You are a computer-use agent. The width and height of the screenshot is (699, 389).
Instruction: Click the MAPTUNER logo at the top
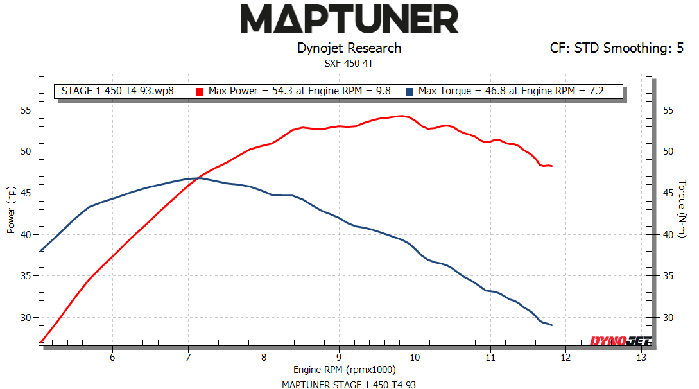349,19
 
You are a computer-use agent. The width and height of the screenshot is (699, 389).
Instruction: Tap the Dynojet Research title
349,48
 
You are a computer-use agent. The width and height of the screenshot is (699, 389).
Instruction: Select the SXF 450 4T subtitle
349,63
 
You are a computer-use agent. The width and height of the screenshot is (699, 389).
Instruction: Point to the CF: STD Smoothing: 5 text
616,48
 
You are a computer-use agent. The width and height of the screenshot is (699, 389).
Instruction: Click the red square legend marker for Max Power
200,91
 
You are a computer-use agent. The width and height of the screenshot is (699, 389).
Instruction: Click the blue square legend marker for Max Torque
410,91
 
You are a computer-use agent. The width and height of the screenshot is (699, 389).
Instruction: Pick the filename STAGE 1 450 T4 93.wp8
117,91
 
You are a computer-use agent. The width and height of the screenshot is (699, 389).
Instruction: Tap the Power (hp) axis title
11,210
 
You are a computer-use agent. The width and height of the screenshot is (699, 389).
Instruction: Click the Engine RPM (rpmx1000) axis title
345,370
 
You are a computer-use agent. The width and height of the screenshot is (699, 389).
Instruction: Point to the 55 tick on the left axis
26,110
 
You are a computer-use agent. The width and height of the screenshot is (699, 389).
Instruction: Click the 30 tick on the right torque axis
669,318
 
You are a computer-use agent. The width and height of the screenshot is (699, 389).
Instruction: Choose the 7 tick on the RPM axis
188,357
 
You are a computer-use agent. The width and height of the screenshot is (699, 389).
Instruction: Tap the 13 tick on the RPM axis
641,357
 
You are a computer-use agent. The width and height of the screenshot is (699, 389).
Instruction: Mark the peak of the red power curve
401,116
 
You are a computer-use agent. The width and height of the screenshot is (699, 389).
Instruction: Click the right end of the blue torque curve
551,325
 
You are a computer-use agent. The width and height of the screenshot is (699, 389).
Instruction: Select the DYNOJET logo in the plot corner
612,341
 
